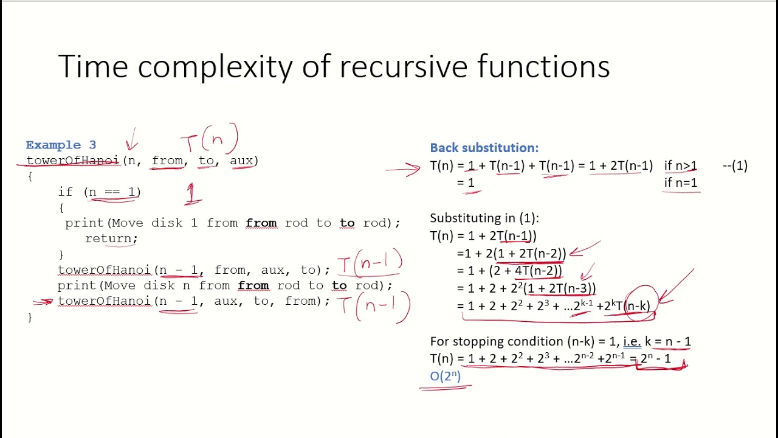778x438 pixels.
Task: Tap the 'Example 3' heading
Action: pyautogui.click(x=61, y=145)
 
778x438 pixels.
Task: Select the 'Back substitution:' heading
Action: pyautogui.click(x=484, y=148)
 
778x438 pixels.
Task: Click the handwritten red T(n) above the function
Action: pyautogui.click(x=210, y=141)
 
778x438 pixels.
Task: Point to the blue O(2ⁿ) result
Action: pyautogui.click(x=446, y=376)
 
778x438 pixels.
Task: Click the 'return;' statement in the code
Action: pyautogui.click(x=111, y=238)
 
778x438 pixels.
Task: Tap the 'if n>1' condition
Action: pyautogui.click(x=680, y=165)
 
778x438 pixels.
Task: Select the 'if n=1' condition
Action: pyautogui.click(x=680, y=182)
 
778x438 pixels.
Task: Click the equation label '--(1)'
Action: pyautogui.click(x=735, y=165)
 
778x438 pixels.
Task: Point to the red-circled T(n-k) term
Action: pyautogui.click(x=636, y=306)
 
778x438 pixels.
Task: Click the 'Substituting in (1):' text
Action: pyautogui.click(x=484, y=218)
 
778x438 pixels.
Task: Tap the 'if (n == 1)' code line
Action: pyautogui.click(x=100, y=192)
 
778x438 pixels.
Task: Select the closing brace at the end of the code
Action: pyautogui.click(x=30, y=317)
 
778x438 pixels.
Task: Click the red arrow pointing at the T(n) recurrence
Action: pyautogui.click(x=403, y=169)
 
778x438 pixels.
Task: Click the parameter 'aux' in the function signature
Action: pyautogui.click(x=241, y=161)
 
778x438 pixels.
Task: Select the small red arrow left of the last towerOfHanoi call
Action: pyautogui.click(x=43, y=301)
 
